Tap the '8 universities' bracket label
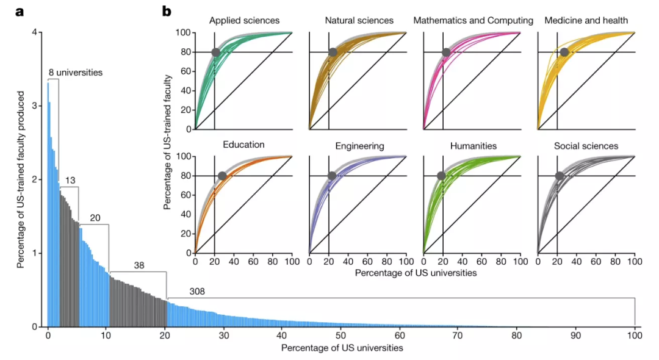76,72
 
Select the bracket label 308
197,291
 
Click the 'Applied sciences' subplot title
243,21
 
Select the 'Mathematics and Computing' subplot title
473,21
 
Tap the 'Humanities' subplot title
473,146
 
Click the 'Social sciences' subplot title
586,146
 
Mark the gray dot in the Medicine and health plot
564,52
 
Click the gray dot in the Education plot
222,176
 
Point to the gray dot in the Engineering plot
332,176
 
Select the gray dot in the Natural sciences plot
333,52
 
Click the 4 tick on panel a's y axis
36,32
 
